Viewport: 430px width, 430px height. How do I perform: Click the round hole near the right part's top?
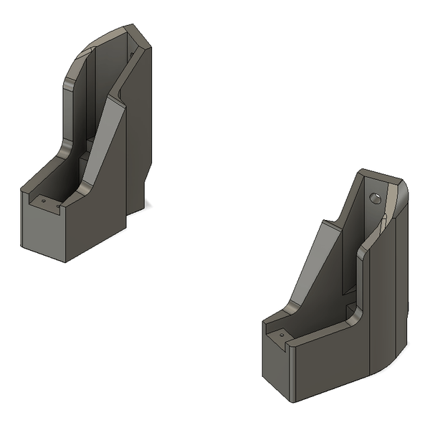(375, 198)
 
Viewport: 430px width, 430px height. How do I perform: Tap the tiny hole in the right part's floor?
(282, 334)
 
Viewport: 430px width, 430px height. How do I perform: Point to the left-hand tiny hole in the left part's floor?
(43, 201)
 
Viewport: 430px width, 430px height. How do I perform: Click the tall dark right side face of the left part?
(140, 129)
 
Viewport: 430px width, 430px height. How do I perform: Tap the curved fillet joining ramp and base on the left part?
(84, 188)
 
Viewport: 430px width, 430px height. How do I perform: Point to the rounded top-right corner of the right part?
(401, 190)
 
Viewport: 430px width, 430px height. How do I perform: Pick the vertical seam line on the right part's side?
(369, 315)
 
